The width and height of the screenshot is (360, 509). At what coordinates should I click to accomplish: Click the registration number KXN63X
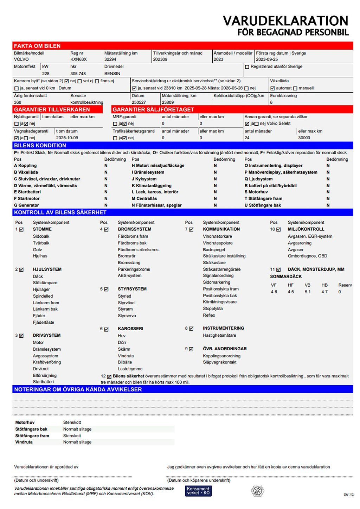(x=78, y=59)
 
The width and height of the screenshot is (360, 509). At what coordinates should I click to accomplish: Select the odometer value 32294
(x=110, y=59)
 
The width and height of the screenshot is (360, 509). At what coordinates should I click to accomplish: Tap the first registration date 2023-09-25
(x=266, y=59)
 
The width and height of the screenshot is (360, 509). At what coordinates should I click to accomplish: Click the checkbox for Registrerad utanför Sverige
(x=247, y=67)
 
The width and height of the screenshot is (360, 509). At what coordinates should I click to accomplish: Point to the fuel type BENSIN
(x=112, y=74)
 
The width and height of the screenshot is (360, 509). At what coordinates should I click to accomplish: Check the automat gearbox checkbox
(x=272, y=88)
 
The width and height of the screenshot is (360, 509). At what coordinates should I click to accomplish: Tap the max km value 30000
(x=304, y=138)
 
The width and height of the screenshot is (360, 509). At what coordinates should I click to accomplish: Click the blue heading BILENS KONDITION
(x=40, y=146)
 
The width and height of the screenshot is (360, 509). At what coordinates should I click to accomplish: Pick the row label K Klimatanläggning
(x=152, y=185)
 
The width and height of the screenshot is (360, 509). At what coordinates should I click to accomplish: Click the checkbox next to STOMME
(x=21, y=229)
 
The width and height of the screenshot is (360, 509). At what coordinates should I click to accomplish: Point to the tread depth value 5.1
(x=308, y=292)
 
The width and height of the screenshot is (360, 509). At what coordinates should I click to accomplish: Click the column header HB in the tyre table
(x=324, y=285)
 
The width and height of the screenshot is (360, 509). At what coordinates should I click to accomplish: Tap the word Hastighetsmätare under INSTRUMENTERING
(x=219, y=336)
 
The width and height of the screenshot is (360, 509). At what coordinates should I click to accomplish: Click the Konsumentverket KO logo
(x=198, y=491)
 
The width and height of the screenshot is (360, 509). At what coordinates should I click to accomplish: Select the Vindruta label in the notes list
(x=24, y=442)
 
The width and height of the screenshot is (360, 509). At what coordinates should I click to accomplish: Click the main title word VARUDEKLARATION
(x=285, y=21)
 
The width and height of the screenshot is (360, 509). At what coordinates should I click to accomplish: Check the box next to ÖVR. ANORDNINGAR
(x=191, y=349)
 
